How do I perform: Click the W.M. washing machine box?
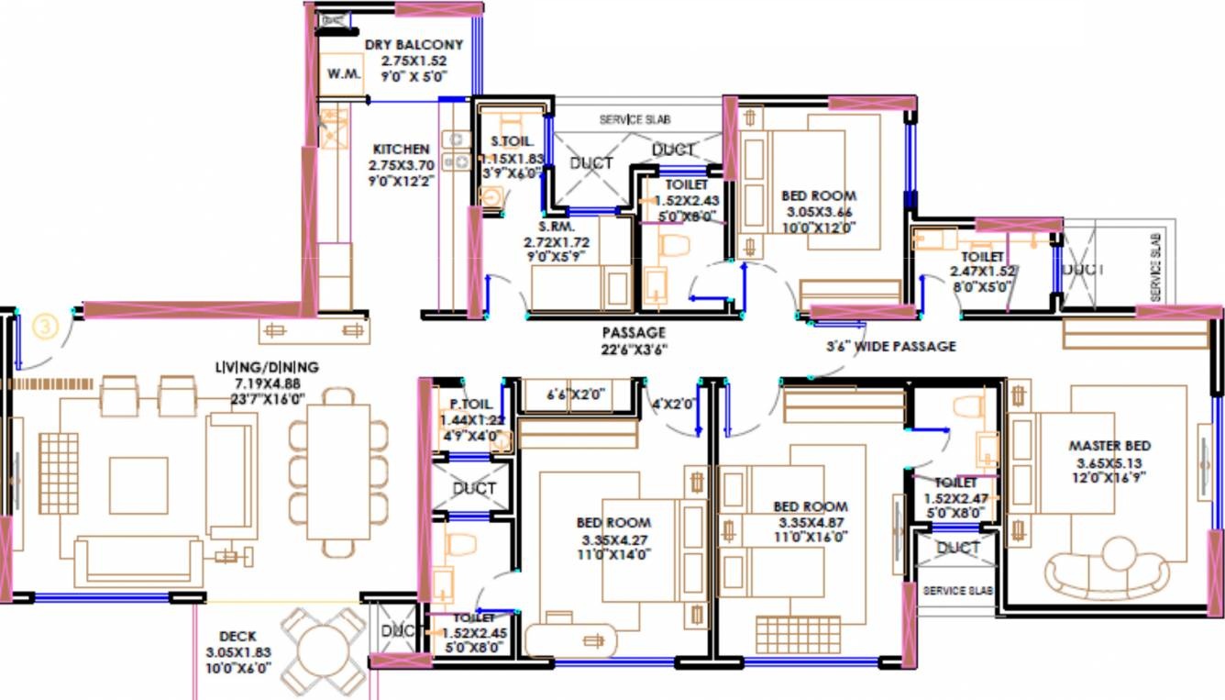point(343,74)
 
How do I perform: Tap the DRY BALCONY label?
point(414,44)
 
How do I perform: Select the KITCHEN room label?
point(400,149)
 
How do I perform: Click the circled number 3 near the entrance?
point(44,326)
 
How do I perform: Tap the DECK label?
point(238,636)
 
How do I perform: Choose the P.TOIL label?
point(471,404)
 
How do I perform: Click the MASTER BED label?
point(1109,446)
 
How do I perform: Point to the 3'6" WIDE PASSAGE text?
point(889,346)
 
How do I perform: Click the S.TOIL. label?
point(512,142)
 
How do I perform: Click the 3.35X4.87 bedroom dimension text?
point(811,522)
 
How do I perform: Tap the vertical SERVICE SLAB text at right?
point(1155,266)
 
